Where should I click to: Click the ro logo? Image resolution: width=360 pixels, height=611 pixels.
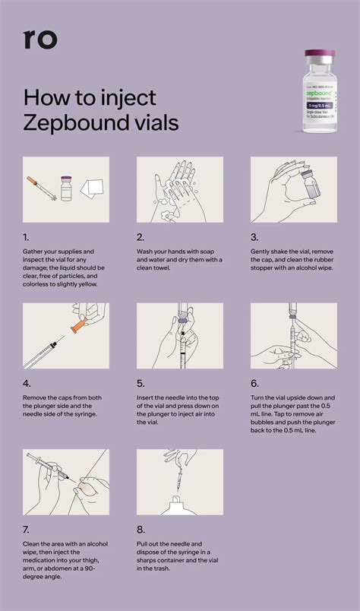(40, 39)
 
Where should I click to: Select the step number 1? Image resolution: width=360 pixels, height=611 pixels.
(27, 236)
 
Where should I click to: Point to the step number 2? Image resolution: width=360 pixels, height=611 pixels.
(141, 236)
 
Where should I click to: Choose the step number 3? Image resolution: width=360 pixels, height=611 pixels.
(254, 236)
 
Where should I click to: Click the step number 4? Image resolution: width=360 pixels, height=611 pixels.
(27, 384)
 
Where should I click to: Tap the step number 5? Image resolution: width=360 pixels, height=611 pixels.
(141, 384)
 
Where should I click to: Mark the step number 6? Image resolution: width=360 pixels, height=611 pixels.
(255, 384)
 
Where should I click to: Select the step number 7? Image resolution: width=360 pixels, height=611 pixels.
(27, 529)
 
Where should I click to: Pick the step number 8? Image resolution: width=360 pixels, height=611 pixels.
(141, 529)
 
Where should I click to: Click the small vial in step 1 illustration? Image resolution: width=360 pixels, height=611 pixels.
(66, 188)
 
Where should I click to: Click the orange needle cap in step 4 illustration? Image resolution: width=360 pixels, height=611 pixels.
(75, 329)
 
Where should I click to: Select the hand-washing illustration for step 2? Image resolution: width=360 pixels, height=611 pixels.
(179, 189)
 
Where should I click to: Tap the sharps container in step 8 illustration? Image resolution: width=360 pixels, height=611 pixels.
(178, 507)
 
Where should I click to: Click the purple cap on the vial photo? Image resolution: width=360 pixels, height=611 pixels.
(321, 57)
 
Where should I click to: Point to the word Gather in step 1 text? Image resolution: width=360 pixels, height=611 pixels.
(36, 251)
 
